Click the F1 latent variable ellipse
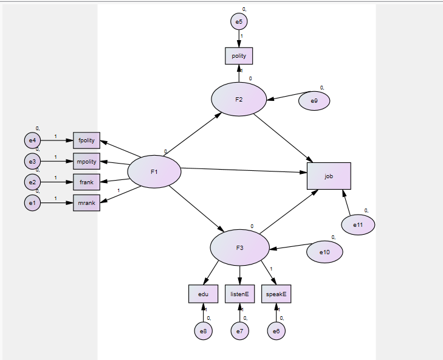tap(154, 172)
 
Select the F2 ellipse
tap(239, 99)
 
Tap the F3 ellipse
tap(239, 247)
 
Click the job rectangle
tap(329, 176)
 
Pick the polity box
tap(239, 56)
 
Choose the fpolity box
tap(86, 140)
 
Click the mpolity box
tap(86, 162)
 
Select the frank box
tap(86, 182)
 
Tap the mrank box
tap(86, 202)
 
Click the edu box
tap(203, 294)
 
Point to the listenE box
tap(239, 294)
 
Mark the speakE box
tap(276, 294)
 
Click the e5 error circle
tap(239, 22)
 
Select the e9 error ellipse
tap(314, 101)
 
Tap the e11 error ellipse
tap(358, 225)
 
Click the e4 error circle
tap(32, 140)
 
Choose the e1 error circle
tap(32, 202)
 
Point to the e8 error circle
tap(203, 331)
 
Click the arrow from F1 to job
tap(243, 170)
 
